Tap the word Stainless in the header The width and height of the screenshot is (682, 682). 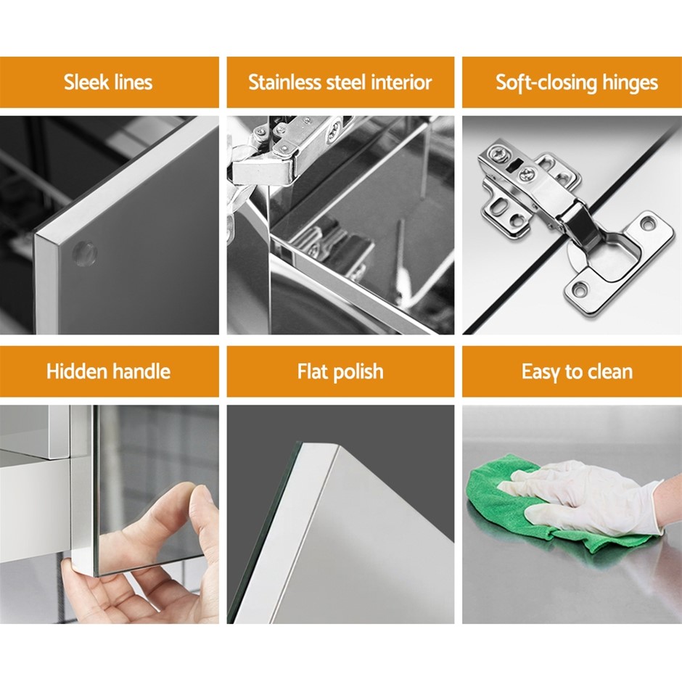tap(284, 82)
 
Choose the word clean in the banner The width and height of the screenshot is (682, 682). tap(610, 372)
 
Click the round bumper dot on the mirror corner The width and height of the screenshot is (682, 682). tap(84, 252)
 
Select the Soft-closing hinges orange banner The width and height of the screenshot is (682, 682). tap(572, 82)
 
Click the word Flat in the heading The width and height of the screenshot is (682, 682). tap(311, 371)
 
